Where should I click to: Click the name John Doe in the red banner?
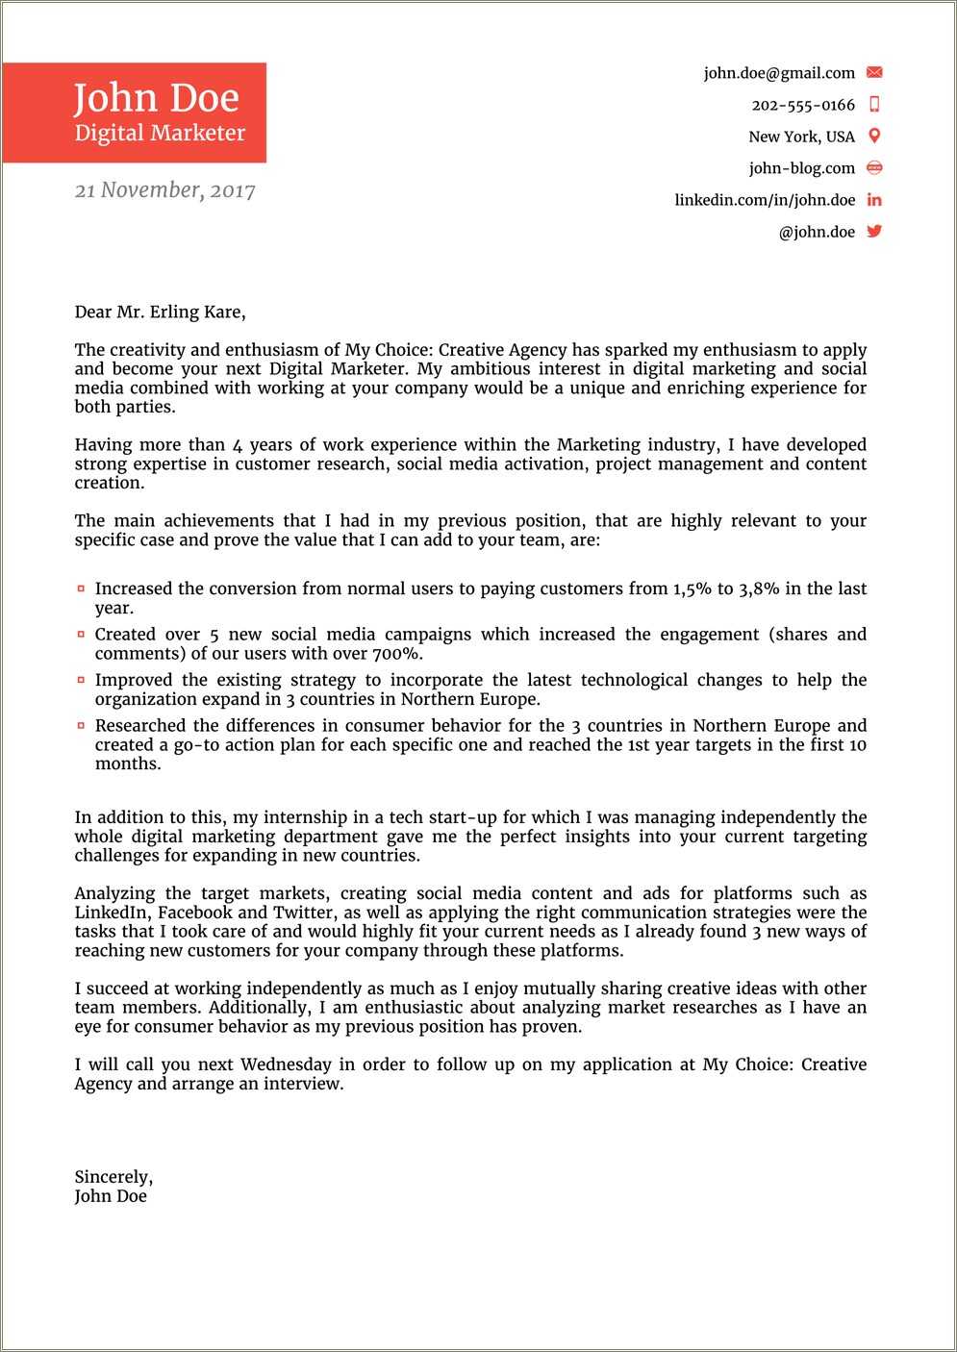click(x=156, y=97)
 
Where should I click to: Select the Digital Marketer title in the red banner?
click(x=160, y=134)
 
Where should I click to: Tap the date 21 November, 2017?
click(x=164, y=190)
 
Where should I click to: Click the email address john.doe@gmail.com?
click(x=779, y=73)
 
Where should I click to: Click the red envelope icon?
click(x=874, y=72)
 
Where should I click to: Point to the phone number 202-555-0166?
click(x=803, y=105)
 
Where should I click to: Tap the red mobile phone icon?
click(x=874, y=104)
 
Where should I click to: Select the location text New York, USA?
click(x=801, y=137)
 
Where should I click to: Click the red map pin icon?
click(x=874, y=136)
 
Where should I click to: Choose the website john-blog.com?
click(x=801, y=168)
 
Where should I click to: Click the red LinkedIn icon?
click(x=874, y=200)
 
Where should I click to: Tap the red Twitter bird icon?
click(x=874, y=231)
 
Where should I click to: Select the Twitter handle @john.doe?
click(x=817, y=232)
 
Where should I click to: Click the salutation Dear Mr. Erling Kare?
click(x=160, y=312)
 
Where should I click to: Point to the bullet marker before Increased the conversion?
click(x=82, y=588)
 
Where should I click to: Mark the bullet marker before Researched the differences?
click(x=82, y=726)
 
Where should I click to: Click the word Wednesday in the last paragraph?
click(x=286, y=1064)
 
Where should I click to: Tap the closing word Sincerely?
click(x=113, y=1177)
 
